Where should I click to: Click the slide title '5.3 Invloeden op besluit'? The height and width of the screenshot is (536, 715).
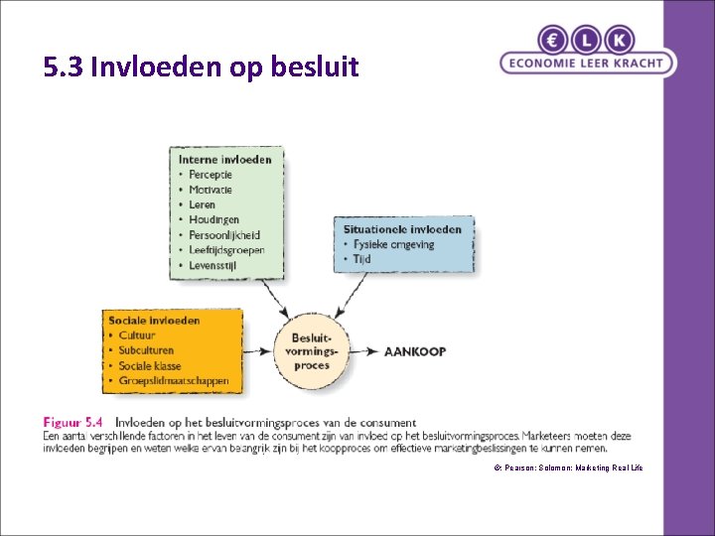(x=201, y=67)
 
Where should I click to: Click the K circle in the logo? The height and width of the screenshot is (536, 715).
(x=620, y=40)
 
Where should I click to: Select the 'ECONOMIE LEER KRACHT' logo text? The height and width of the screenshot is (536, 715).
(x=587, y=63)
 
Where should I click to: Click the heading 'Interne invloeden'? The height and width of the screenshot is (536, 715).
(x=224, y=160)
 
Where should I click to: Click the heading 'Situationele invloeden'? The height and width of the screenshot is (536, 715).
(x=401, y=229)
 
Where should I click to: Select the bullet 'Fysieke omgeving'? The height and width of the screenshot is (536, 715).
(x=393, y=244)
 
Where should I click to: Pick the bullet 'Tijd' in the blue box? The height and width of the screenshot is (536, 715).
(x=362, y=259)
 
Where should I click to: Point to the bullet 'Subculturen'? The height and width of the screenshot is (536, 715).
(x=145, y=350)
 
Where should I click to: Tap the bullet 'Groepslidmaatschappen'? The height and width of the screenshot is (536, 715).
(x=173, y=380)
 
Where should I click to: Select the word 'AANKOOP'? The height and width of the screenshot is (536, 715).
(x=414, y=351)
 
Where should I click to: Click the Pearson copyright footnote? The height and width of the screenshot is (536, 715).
(x=568, y=467)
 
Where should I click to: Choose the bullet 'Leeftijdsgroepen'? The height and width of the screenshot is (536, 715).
(x=226, y=250)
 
